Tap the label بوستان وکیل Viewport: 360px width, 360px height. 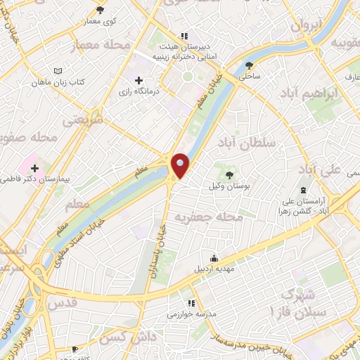(230, 186)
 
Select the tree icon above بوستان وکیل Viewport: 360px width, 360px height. (230, 173)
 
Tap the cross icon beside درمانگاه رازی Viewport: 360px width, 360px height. (139, 81)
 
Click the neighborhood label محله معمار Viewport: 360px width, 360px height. (102, 46)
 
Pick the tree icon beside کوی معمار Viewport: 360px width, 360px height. (100, 10)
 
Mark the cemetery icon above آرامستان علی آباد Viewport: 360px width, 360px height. (303, 191)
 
